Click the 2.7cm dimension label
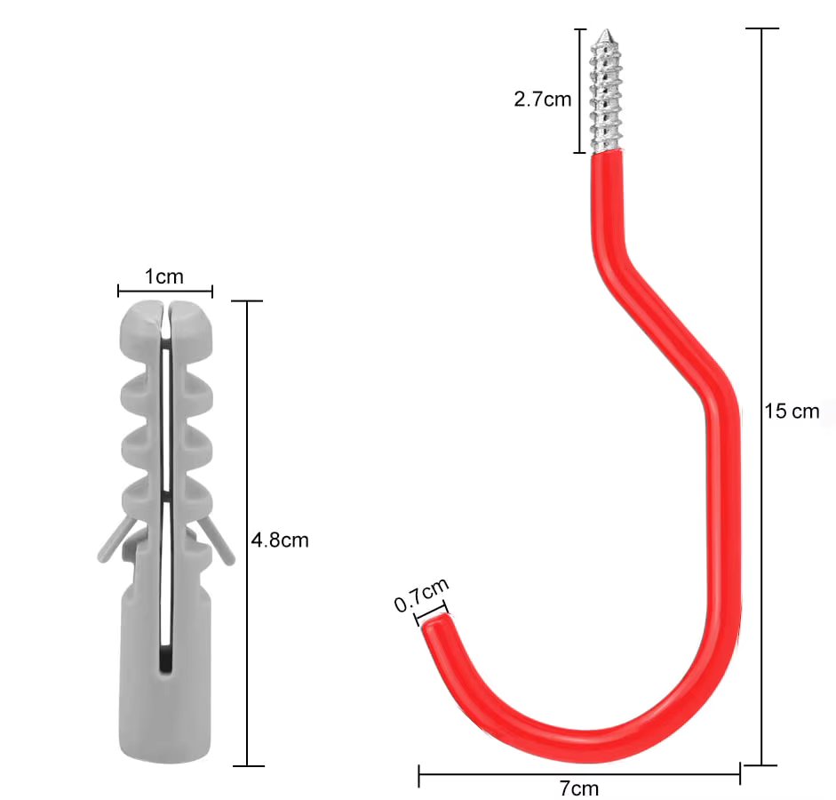pyautogui.click(x=542, y=99)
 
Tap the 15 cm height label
pyautogui.click(x=792, y=412)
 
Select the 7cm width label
pyautogui.click(x=578, y=788)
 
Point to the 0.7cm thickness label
pyautogui.click(x=421, y=594)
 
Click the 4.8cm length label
pyautogui.click(x=280, y=539)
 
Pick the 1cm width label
pyautogui.click(x=164, y=276)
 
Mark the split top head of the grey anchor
pyautogui.click(x=165, y=320)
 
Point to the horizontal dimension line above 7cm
pyautogui.click(x=578, y=774)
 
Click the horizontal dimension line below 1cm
pyautogui.click(x=165, y=290)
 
